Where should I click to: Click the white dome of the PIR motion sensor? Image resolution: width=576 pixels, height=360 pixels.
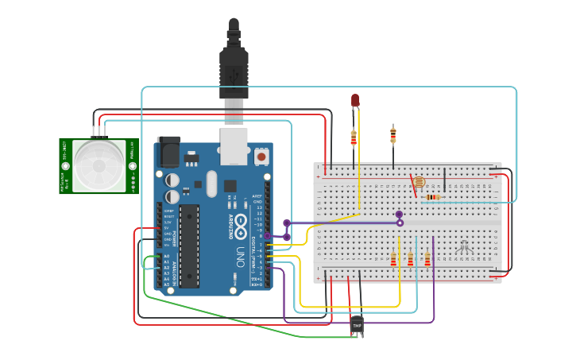click(x=99, y=166)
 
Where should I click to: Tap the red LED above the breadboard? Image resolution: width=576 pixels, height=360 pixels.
click(x=355, y=101)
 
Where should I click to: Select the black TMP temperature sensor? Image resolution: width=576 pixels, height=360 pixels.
click(x=357, y=326)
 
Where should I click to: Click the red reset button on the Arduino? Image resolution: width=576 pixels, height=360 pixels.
click(x=261, y=157)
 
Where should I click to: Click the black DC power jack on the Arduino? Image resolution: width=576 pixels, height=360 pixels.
click(x=168, y=151)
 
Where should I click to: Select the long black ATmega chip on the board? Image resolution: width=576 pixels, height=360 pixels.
click(x=190, y=246)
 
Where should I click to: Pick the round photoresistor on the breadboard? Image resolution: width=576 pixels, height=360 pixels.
click(x=419, y=183)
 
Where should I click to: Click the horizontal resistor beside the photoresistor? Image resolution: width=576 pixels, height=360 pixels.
click(x=433, y=197)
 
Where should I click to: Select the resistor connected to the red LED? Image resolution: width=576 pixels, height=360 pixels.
click(x=354, y=138)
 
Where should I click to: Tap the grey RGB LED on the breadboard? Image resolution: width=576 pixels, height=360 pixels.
click(x=465, y=247)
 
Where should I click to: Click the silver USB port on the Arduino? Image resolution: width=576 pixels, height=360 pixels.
click(x=234, y=145)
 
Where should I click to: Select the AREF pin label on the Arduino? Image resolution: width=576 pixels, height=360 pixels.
click(x=257, y=195)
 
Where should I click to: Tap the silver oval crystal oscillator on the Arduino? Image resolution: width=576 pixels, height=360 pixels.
click(x=211, y=184)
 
